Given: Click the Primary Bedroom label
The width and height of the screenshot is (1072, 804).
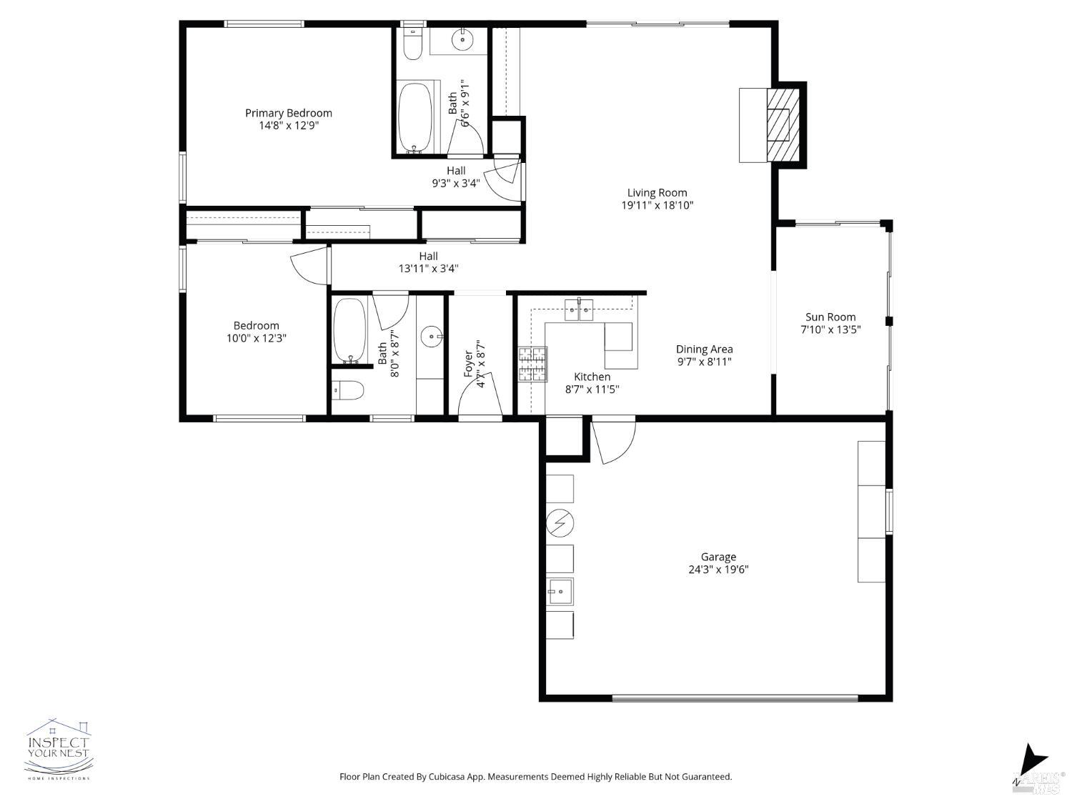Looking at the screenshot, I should [x=288, y=113].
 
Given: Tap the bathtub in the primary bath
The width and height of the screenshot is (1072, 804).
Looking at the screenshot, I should [x=415, y=118].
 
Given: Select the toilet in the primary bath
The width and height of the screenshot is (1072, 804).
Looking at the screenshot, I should [x=412, y=44].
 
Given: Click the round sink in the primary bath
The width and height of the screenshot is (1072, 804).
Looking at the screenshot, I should [x=463, y=39].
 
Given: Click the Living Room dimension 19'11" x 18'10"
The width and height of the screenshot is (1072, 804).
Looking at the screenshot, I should [x=657, y=206].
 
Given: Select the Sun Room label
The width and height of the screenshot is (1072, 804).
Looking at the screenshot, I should [x=830, y=317].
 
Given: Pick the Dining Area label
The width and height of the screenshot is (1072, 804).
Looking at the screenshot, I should [x=704, y=349].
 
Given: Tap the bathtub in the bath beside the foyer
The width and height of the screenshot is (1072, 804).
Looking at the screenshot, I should [x=349, y=330].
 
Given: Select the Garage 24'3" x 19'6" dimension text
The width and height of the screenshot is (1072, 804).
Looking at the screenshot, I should [x=718, y=570].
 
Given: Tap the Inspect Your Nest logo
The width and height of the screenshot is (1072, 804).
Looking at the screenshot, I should [x=59, y=749].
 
